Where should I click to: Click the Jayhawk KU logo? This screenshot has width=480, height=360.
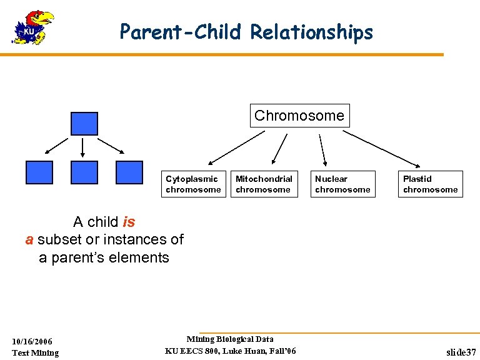coord(33,27)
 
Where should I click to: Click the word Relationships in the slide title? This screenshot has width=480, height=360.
coord(311,32)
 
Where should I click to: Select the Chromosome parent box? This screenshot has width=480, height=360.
coord(299,116)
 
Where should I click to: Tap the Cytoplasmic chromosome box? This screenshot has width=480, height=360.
coord(193,184)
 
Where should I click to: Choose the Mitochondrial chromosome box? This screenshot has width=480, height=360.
coord(264,184)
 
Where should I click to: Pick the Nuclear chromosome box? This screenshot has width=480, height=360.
coord(342,184)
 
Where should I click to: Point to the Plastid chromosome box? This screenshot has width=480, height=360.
coord(430,184)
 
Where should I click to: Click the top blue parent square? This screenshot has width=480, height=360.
coord(84,124)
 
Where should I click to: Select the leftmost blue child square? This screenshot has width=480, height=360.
coord(39,172)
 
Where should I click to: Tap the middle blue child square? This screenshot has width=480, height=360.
coord(84,172)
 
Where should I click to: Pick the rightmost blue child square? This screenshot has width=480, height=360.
coord(129,172)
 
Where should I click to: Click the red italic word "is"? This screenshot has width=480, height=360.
coord(129,222)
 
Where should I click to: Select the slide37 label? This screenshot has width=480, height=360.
coord(461,352)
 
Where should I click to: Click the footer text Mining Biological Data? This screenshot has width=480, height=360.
coord(230,339)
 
